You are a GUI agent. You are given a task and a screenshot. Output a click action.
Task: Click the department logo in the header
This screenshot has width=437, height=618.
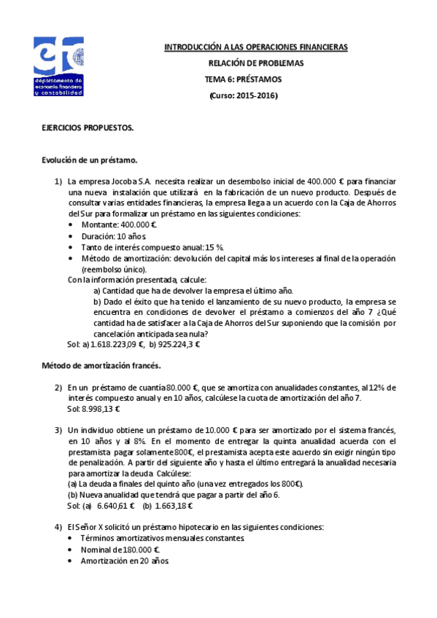(59, 66)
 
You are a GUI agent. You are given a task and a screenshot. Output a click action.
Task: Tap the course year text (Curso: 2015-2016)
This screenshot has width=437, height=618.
(244, 95)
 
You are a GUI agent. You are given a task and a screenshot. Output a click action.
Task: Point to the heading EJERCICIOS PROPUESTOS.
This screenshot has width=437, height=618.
(88, 128)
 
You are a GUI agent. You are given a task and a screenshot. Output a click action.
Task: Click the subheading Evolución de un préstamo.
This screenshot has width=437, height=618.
(89, 160)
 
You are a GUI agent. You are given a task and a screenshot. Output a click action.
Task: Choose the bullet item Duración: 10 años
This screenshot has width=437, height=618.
(112, 237)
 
